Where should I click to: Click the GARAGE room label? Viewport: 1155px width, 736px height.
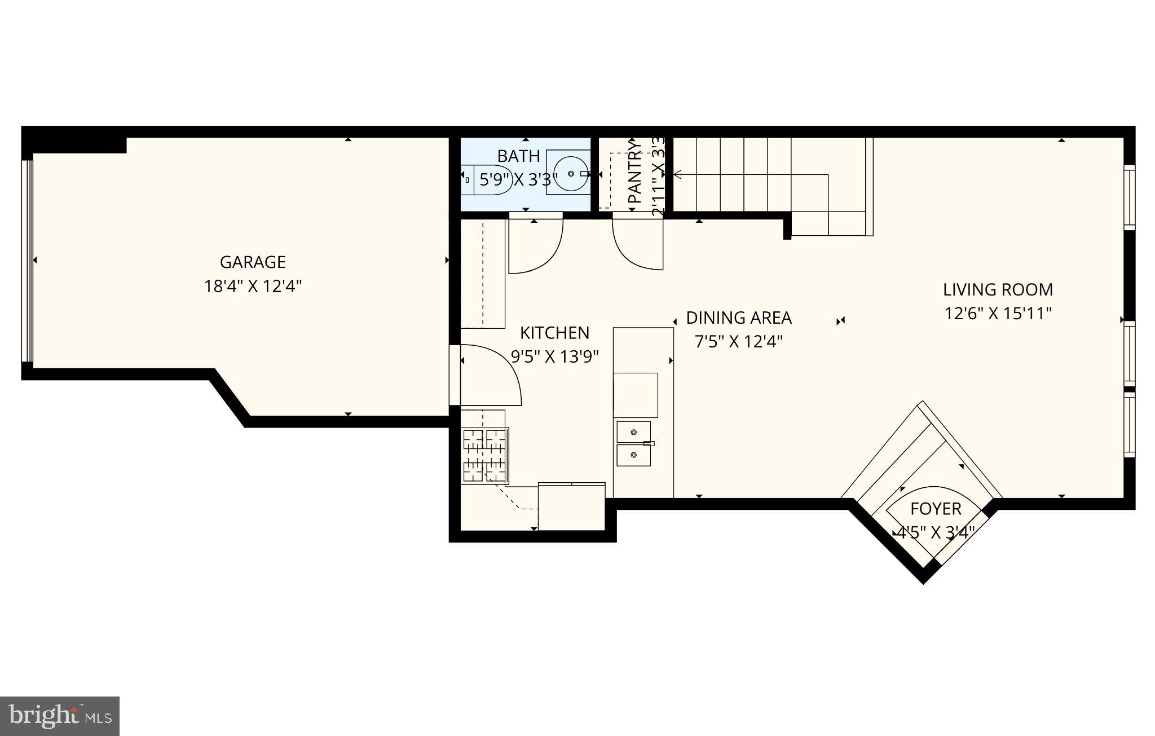coord(252,262)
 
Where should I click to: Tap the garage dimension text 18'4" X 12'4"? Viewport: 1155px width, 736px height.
coord(252,287)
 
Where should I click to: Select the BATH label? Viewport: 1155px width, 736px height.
coord(518,156)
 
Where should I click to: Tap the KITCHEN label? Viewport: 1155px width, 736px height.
coord(554,333)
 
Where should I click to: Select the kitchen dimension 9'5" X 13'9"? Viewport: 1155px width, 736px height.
coord(554,356)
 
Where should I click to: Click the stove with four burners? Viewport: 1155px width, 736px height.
coord(484,455)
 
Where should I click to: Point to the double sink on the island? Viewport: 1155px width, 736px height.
coord(633,443)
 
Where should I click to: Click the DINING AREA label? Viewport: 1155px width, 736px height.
coord(738,318)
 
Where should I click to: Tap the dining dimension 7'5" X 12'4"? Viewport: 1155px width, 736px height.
coord(738,342)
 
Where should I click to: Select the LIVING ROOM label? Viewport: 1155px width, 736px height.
coord(998,290)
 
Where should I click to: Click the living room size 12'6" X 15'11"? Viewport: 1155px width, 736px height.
coord(998,314)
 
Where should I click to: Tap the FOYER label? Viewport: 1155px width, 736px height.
coord(935,509)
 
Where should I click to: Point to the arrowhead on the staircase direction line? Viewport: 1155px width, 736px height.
coord(678,175)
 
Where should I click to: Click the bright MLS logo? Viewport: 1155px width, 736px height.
coord(60,716)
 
